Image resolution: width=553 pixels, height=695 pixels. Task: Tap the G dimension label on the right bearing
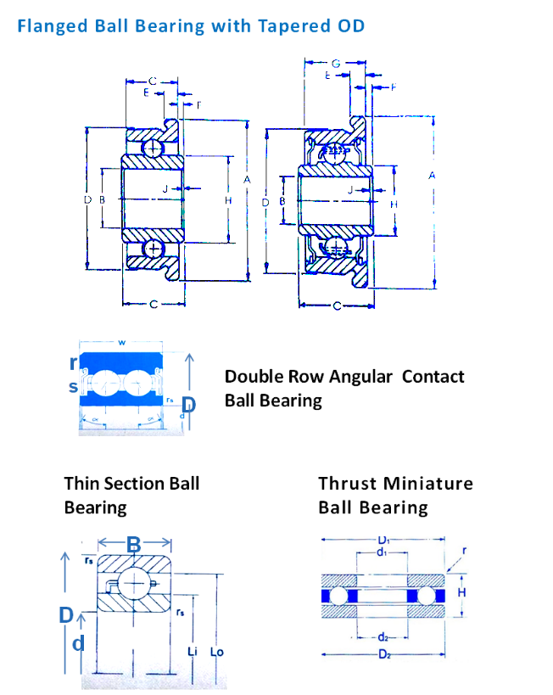[x=336, y=63]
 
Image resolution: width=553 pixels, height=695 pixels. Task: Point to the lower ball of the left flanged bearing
[x=153, y=249]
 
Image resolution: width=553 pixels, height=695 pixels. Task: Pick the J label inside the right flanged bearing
[x=350, y=189]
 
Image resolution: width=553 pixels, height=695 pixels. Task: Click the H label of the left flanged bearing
[x=228, y=200]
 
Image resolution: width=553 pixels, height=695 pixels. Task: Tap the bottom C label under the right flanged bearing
[x=337, y=305]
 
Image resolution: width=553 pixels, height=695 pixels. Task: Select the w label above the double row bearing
[x=122, y=344]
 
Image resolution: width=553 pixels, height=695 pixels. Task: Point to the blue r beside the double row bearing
[x=73, y=362]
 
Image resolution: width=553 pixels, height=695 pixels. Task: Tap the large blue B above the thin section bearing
[x=133, y=545]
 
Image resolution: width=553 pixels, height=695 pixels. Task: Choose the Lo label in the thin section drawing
[x=216, y=652]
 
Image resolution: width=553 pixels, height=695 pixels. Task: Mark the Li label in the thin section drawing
[x=193, y=652]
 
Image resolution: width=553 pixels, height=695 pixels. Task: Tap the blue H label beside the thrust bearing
[x=461, y=591]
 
